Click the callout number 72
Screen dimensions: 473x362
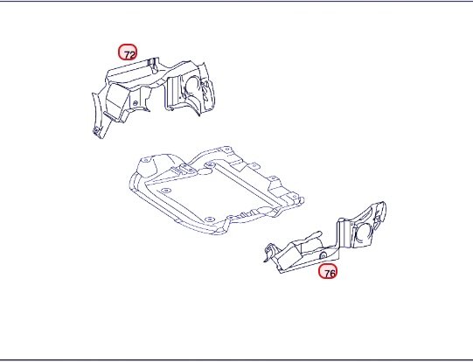(128, 52)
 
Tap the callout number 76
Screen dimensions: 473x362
(328, 271)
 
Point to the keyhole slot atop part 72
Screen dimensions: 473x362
(154, 66)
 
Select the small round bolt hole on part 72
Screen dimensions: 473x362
(136, 103)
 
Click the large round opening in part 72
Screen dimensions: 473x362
(192, 86)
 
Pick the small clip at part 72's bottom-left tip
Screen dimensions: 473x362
(97, 131)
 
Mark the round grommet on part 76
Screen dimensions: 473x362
(323, 256)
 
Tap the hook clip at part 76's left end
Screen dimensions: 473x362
(269, 251)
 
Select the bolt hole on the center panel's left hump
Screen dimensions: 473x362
(145, 160)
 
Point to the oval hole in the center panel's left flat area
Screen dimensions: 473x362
(165, 191)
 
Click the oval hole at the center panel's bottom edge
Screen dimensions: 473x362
(208, 219)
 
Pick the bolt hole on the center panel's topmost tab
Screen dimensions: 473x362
(226, 149)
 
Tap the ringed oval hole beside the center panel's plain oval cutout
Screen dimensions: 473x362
(210, 165)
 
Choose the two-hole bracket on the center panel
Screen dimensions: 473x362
(187, 169)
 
